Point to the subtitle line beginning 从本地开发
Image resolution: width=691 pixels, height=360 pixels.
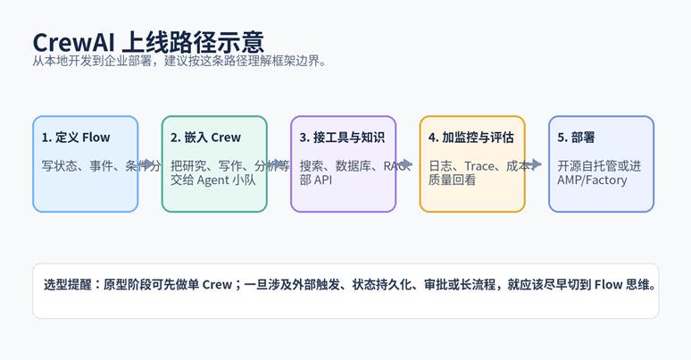tap(179, 61)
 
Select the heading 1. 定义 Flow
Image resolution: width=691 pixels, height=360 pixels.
tap(76, 137)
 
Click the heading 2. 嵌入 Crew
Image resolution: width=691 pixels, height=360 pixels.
tap(205, 137)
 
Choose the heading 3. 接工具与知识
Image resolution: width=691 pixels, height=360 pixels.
tap(342, 137)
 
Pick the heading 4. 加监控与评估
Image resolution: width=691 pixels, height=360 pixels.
tap(471, 137)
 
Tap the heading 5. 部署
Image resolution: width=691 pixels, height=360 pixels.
tap(576, 137)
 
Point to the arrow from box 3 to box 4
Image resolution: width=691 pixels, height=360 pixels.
tap(407, 164)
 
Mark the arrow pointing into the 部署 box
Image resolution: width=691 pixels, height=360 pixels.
tap(536, 164)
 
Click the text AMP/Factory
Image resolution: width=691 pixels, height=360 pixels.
tap(592, 180)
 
